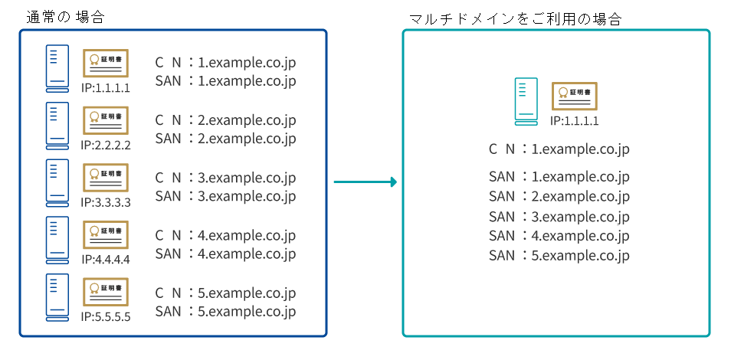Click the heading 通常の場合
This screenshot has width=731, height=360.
[x=65, y=18]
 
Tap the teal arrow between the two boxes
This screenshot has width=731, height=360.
[x=365, y=182]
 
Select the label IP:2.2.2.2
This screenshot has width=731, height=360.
[x=106, y=145]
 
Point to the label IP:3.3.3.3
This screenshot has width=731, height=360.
[x=106, y=202]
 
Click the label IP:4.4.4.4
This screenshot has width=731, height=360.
[x=106, y=259]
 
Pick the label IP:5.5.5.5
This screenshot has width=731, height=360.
[x=106, y=317]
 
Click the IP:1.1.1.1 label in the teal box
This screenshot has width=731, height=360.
[x=574, y=121]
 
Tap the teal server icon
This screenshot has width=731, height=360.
[x=526, y=102]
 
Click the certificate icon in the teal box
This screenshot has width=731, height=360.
[x=575, y=97]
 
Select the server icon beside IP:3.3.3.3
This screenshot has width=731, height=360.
[x=57, y=183]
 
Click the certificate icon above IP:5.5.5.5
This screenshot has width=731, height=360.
[x=106, y=292]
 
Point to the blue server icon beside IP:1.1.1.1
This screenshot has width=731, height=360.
[x=57, y=68]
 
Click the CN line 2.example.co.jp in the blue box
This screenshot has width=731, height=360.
[x=225, y=120]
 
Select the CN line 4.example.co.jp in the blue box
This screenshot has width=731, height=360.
[x=225, y=235]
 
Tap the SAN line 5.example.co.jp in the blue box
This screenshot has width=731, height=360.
[x=225, y=311]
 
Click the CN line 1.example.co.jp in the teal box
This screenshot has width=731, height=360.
[x=559, y=149]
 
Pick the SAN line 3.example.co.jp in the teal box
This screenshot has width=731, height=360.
[x=559, y=217]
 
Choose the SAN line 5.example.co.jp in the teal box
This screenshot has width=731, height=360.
[x=559, y=256]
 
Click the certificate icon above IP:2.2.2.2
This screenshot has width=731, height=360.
[x=106, y=120]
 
